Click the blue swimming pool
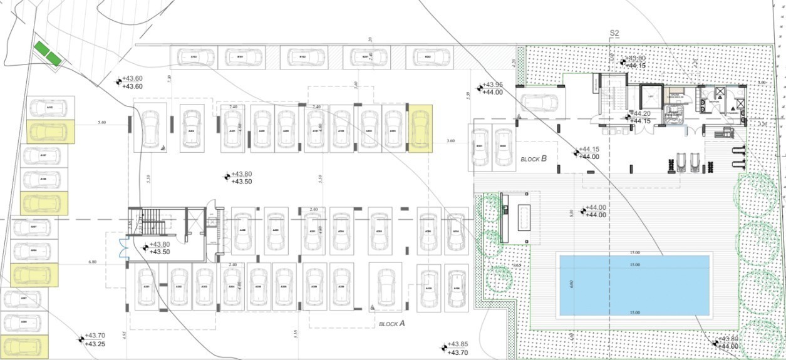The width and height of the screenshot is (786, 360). pos(633,285)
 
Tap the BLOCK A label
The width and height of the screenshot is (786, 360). pos(391,324)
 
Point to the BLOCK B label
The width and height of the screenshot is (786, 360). pos(534,159)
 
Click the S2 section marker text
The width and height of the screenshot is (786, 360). pos(614,33)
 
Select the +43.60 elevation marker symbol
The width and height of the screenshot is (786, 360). pos(118,82)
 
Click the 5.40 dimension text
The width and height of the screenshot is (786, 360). pos(102,123)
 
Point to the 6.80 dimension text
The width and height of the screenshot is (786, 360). pos(93,261)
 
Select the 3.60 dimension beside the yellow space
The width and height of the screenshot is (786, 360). pos(450,141)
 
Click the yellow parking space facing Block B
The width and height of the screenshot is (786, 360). pos(420,128)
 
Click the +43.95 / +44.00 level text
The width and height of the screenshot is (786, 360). pos(492,88)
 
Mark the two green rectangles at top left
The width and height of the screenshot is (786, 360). pos(48,53)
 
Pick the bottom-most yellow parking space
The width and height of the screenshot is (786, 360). pos(25,346)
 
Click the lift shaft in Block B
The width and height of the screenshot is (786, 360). pos(651,96)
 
